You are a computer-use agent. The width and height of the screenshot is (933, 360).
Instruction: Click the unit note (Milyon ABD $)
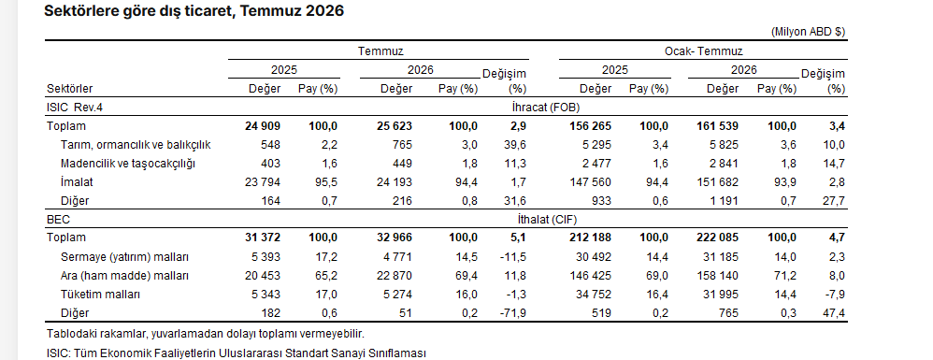[808, 32]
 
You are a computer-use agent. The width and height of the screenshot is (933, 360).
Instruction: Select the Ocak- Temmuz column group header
[703, 51]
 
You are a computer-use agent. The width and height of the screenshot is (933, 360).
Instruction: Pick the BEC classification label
[58, 219]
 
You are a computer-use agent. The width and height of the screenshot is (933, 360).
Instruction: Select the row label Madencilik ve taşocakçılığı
[128, 163]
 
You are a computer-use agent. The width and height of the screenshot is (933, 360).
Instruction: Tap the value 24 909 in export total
[263, 126]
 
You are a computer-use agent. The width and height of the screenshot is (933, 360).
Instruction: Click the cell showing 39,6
[516, 145]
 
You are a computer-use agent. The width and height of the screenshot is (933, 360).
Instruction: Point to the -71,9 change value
[514, 312]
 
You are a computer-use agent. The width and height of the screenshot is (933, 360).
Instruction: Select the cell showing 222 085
[718, 238]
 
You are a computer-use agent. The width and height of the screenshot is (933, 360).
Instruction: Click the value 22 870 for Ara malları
[394, 276]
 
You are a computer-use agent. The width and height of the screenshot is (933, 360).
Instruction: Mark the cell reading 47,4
[834, 312]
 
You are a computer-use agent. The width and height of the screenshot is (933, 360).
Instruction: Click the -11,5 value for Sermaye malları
[514, 257]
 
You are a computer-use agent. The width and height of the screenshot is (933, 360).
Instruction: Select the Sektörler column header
[69, 89]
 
